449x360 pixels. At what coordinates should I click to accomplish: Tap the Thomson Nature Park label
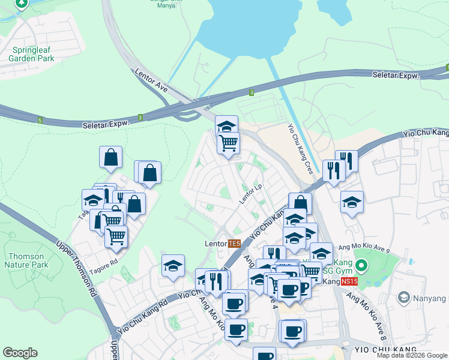(26, 260)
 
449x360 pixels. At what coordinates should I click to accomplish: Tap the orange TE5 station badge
(234, 244)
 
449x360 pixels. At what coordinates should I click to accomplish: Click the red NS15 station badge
(349, 281)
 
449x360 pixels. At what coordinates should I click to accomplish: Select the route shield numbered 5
(40, 120)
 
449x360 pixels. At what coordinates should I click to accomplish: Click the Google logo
(20, 353)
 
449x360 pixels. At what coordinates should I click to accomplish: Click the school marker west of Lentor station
(173, 265)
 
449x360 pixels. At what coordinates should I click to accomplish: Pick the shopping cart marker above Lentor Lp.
(228, 143)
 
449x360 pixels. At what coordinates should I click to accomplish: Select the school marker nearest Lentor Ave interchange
(226, 126)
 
